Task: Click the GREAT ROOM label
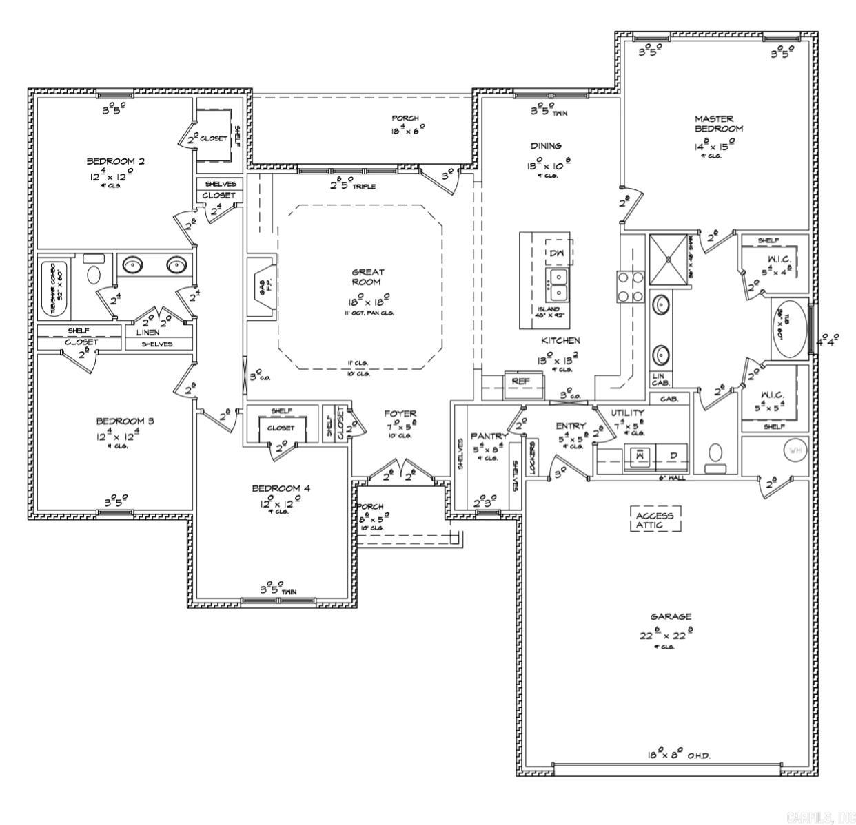tap(368, 277)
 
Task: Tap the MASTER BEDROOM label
tap(718, 124)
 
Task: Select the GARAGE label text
tap(670, 617)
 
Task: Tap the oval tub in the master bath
tap(791, 328)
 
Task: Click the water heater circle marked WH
tap(795, 451)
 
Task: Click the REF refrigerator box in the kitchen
tap(519, 381)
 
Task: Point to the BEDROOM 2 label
tap(115, 161)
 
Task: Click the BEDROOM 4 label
tap(281, 488)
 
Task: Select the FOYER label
tap(400, 414)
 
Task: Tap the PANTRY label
tap(489, 437)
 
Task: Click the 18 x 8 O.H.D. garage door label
tap(678, 755)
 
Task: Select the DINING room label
tap(546, 145)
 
